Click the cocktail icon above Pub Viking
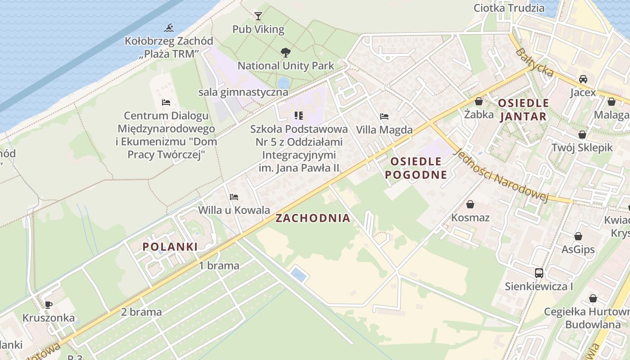pyautogui.click(x=258, y=16)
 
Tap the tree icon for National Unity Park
pyautogui.click(x=285, y=53)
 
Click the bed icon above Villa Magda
pyautogui.click(x=384, y=117)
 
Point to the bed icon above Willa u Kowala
pyautogui.click(x=234, y=197)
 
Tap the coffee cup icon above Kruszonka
pyautogui.click(x=48, y=305)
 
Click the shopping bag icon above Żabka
pyautogui.click(x=479, y=101)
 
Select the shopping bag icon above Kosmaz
pyautogui.click(x=470, y=204)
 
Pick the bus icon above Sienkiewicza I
pyautogui.click(x=539, y=273)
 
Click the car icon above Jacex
pyautogui.click(x=583, y=79)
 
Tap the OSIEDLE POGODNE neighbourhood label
pyautogui.click(x=416, y=168)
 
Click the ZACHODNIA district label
pyautogui.click(x=313, y=218)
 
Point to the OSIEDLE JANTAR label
pyautogui.click(x=523, y=109)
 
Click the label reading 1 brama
pyautogui.click(x=219, y=265)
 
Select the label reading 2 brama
pyautogui.click(x=141, y=311)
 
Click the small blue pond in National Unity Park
pyautogui.click(x=283, y=83)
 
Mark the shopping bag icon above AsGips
pyautogui.click(x=578, y=236)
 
